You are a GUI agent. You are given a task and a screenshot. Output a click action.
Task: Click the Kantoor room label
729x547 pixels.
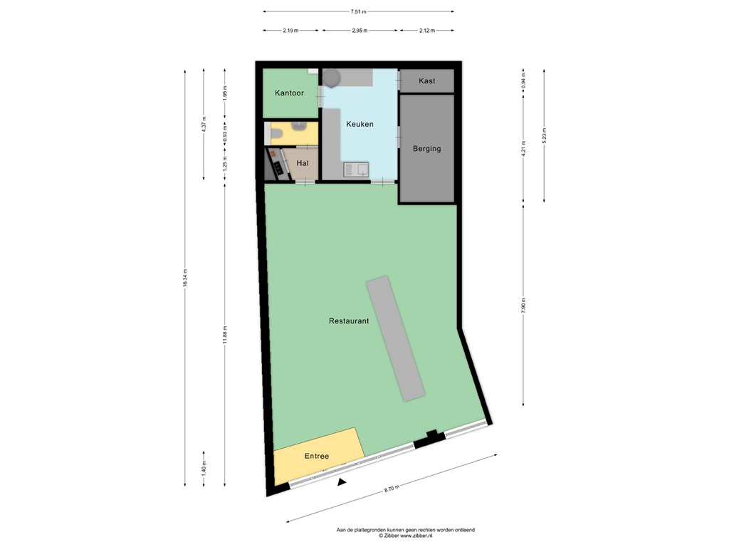coord(289,93)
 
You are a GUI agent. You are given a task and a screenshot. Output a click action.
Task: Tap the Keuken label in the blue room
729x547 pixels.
coord(360,124)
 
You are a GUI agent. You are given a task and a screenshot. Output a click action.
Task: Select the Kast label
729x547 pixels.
coord(427,81)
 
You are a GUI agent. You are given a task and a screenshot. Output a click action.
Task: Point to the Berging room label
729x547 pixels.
coord(427,149)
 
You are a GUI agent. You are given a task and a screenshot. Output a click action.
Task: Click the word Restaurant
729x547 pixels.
coord(349,321)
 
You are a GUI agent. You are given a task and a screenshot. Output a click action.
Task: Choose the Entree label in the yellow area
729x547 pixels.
coord(317,457)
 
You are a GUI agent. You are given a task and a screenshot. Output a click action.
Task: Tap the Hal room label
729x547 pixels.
coord(303,163)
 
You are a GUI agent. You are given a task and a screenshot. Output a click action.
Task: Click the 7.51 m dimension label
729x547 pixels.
coord(359,11)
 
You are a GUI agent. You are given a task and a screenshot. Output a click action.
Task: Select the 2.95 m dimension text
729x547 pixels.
coord(360,31)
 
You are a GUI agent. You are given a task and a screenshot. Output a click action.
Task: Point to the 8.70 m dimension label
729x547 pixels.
coord(392,489)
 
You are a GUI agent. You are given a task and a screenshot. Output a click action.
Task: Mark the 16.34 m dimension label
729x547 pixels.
coord(185,278)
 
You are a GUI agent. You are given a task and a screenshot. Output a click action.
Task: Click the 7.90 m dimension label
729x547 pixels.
coord(523,305)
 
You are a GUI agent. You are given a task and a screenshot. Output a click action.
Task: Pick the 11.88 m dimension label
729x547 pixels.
coord(225,335)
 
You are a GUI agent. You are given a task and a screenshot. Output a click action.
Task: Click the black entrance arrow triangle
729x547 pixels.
coord(342,482)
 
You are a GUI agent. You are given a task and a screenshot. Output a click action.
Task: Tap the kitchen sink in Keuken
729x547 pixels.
coord(356,170)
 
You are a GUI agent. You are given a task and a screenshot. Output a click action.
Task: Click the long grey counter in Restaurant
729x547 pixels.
coord(396,338)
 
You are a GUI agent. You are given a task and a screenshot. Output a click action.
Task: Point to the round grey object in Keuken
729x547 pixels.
coord(332,78)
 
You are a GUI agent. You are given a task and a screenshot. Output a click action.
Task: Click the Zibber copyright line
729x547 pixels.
coord(405,536)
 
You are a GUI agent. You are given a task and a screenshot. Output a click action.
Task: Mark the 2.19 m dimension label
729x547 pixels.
coord(290,31)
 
